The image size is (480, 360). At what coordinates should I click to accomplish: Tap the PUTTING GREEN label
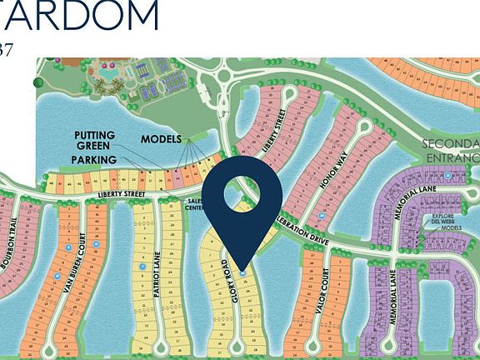tap(94, 140)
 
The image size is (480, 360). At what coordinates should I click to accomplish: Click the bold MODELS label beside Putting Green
tap(161, 139)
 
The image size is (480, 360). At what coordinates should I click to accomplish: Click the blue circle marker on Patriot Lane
tap(143, 267)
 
